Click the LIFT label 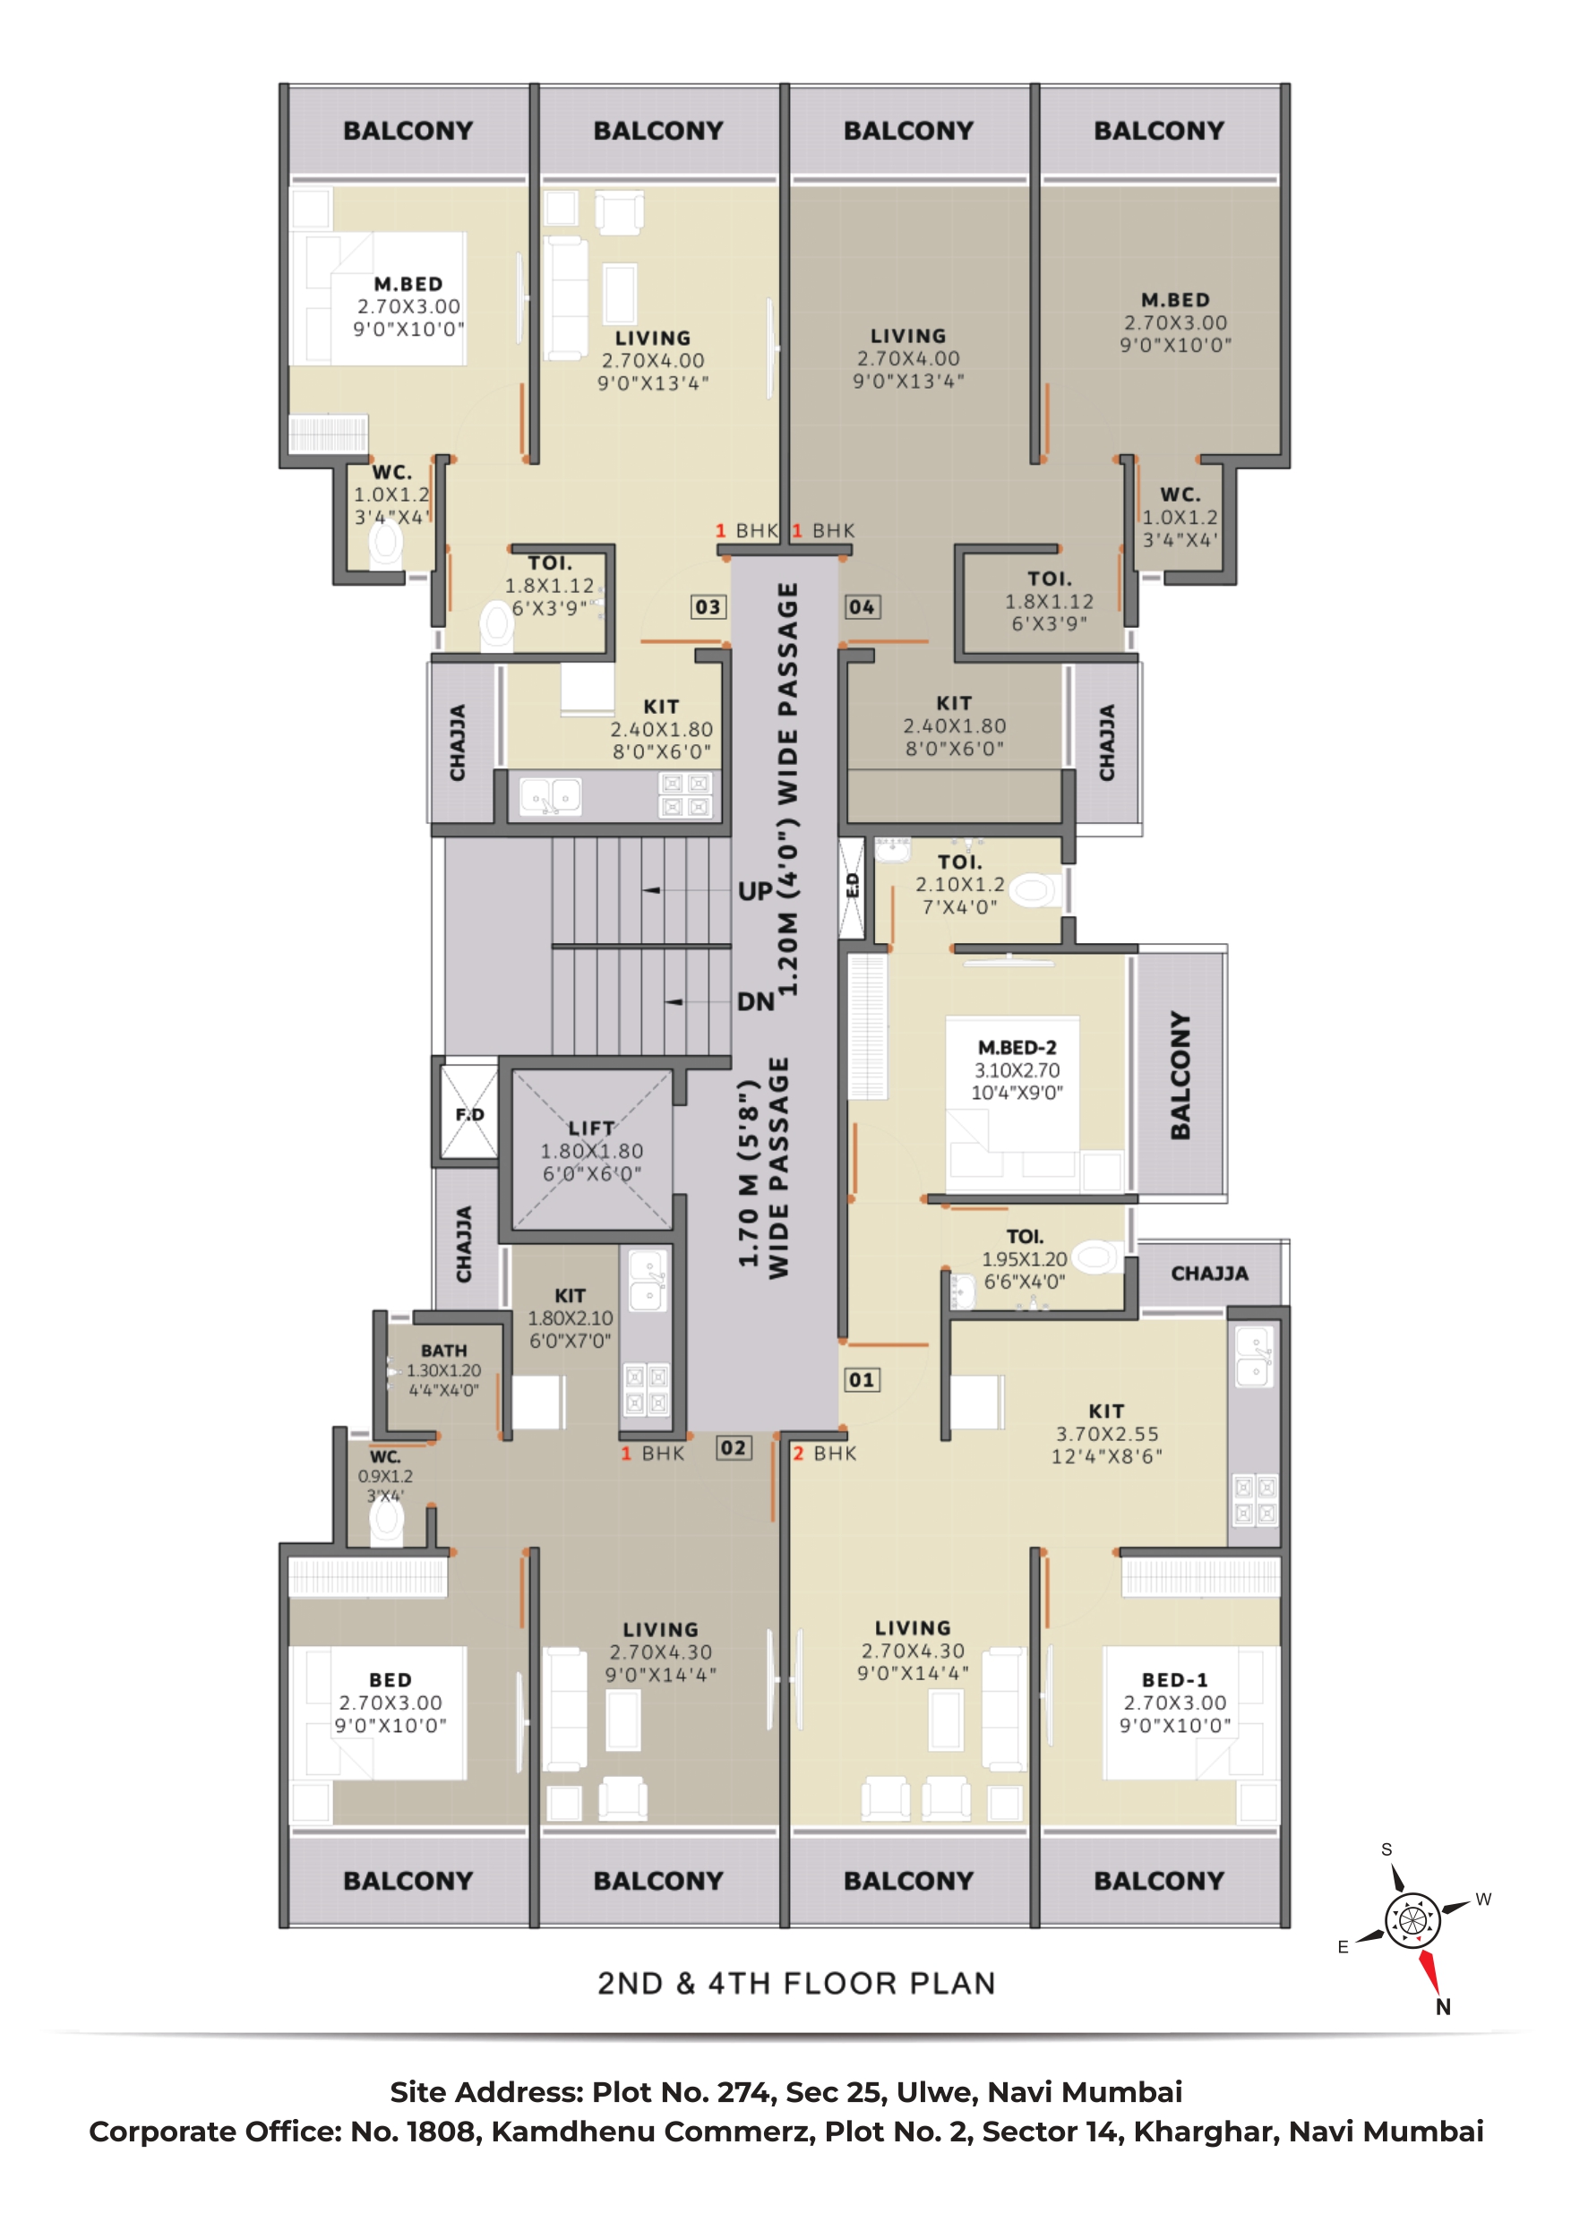(590, 1128)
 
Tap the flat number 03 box (708, 607)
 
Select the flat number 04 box (862, 607)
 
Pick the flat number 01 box (862, 1380)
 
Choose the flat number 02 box (733, 1448)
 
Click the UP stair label (755, 891)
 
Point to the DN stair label (755, 1001)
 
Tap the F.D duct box (469, 1113)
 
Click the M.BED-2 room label (1017, 1047)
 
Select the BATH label (443, 1350)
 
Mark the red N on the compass (1442, 2007)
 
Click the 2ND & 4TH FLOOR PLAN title (796, 1984)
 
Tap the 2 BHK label (825, 1454)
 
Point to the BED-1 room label (1174, 1680)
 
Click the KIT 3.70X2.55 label (1106, 1433)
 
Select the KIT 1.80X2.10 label (571, 1317)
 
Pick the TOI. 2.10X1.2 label (960, 885)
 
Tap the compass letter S (1386, 1849)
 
